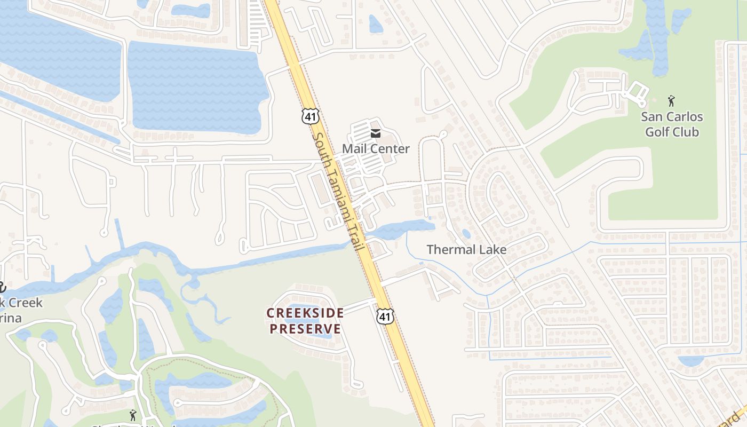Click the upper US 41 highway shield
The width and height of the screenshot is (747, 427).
[309, 116]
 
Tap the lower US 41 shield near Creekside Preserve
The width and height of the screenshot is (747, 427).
[385, 316]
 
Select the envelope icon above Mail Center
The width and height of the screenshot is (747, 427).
[376, 133]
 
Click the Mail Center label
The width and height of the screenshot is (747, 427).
[376, 149]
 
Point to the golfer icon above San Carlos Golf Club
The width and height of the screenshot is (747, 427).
[671, 100]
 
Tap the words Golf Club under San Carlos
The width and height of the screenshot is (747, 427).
[672, 132]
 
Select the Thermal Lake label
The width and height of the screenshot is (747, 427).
[466, 249]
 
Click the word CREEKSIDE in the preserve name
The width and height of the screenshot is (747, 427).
[305, 313]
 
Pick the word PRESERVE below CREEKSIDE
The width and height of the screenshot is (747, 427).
[305, 328]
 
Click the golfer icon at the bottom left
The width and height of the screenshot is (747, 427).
[132, 415]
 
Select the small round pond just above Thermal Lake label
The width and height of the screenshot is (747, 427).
[466, 233]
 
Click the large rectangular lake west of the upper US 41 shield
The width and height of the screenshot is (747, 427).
[197, 85]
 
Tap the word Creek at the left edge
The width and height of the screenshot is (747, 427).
[24, 303]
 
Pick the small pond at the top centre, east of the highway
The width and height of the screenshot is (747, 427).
[376, 23]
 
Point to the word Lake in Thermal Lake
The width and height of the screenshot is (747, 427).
[491, 249]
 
